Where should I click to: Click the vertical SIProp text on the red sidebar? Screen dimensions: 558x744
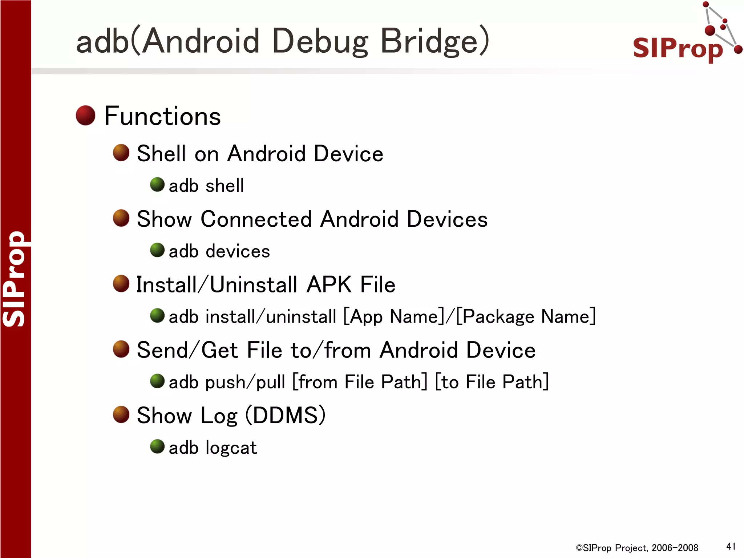point(15,279)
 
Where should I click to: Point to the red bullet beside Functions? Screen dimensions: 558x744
point(85,116)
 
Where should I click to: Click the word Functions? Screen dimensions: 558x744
point(162,116)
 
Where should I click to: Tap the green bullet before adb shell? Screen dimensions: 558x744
point(157,185)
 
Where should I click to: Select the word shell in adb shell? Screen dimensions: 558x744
point(225,186)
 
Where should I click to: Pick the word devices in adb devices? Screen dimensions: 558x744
point(238,251)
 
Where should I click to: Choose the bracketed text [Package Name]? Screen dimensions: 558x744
point(526,316)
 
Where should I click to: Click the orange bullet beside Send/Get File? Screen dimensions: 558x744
point(121,349)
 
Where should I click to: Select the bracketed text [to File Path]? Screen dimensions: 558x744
point(492,382)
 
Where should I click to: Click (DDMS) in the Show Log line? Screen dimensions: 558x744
point(286,415)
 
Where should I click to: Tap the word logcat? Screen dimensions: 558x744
point(231,448)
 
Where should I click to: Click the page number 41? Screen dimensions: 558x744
point(731,546)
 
